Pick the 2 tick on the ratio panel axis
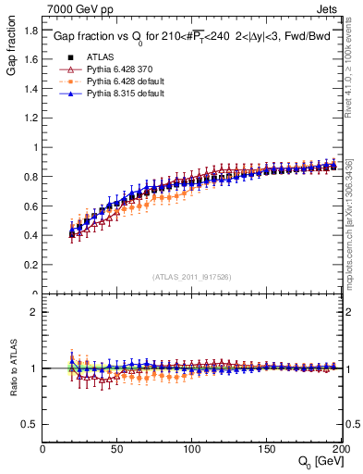(x=35, y=312)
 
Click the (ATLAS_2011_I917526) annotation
(x=192, y=277)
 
